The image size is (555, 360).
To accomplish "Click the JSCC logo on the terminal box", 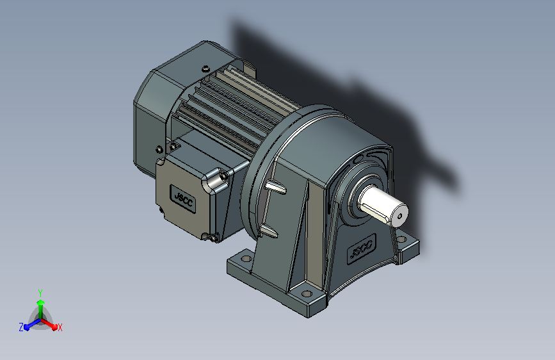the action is (183, 199).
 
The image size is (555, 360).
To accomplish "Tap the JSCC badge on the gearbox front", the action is (361, 249).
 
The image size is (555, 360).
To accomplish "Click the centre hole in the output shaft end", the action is (400, 216).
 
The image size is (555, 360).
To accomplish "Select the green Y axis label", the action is (40, 293).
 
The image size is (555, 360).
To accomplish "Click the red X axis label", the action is (60, 328).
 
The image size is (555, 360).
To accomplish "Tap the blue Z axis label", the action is (21, 327).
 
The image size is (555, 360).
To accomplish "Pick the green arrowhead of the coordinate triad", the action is (41, 302).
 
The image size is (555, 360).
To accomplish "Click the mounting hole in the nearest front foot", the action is (307, 294).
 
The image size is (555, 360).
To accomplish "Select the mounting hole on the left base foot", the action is (246, 259).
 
